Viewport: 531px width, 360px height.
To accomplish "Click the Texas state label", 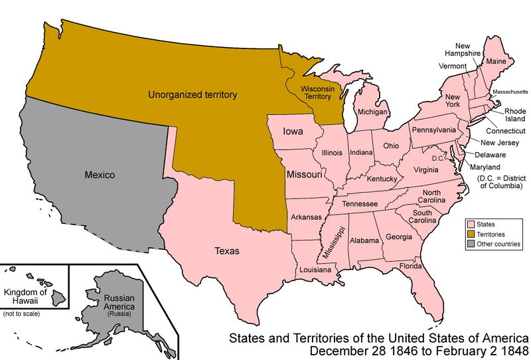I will [227, 251].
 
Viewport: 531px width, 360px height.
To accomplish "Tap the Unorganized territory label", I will [192, 95].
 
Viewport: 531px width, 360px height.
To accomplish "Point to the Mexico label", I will [100, 175].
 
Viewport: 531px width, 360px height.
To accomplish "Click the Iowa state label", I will [293, 132].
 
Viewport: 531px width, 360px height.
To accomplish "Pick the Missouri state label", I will [305, 175].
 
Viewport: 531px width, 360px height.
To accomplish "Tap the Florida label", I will [411, 266].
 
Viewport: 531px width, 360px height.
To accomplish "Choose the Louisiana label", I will [315, 270].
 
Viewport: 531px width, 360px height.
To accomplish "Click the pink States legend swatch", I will [472, 225].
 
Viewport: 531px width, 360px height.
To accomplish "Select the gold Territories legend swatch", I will [472, 234].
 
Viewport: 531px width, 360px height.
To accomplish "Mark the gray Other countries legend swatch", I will [472, 244].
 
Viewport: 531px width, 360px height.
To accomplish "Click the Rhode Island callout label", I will [515, 116].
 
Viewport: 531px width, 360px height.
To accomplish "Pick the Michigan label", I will [372, 112].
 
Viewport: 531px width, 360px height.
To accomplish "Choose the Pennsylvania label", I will [433, 130].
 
